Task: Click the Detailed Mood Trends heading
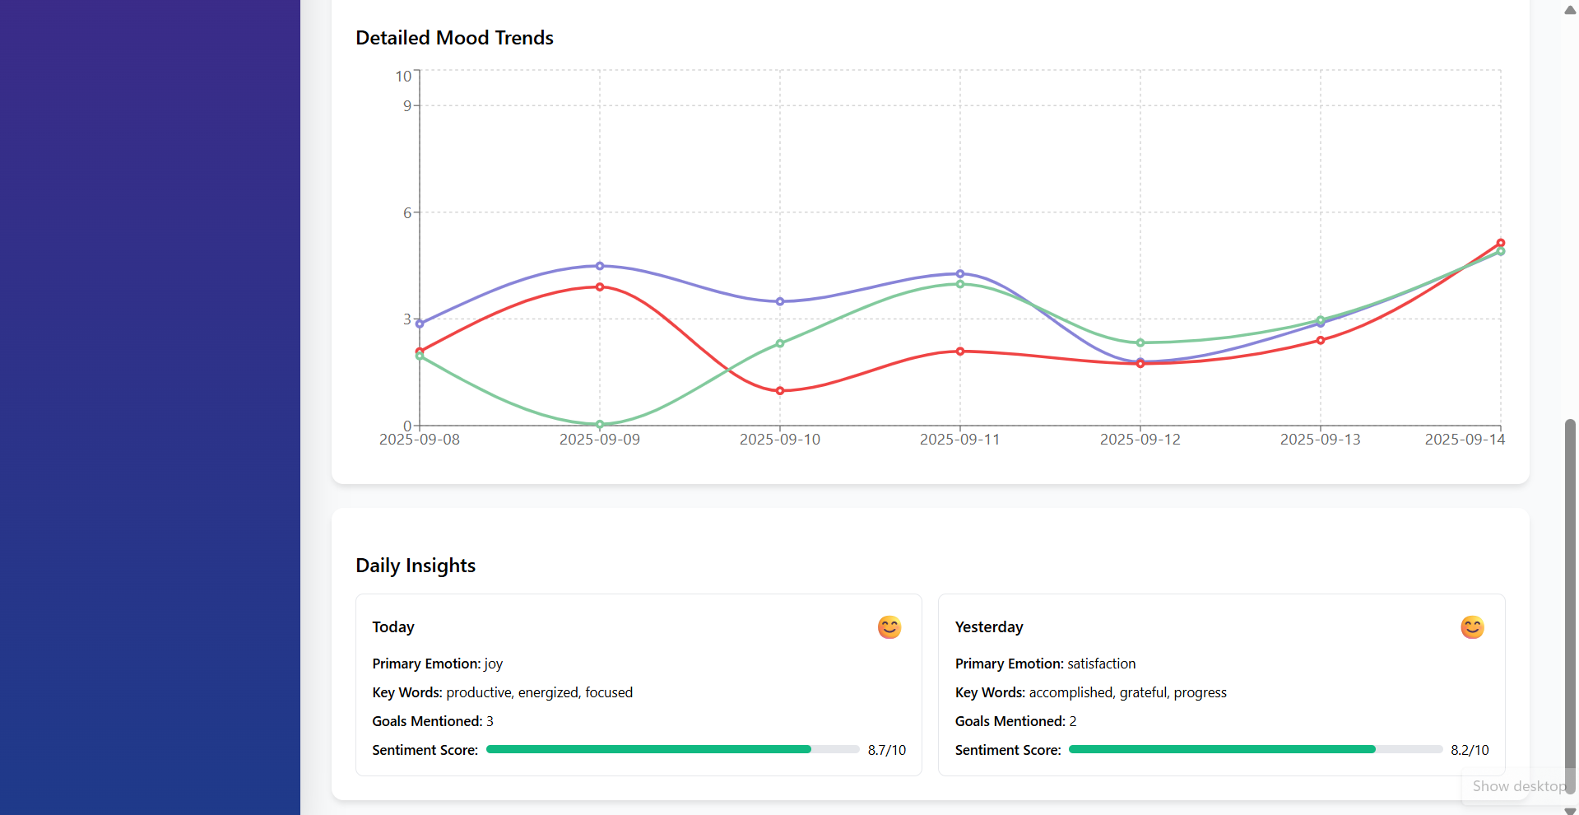click(454, 38)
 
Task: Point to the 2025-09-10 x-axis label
click(779, 440)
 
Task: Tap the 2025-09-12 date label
click(1140, 440)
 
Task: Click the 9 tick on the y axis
click(406, 105)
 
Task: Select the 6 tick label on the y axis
click(406, 212)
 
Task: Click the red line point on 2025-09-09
click(600, 287)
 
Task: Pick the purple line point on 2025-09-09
click(600, 266)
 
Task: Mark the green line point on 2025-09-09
click(600, 424)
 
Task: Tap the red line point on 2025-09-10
click(780, 391)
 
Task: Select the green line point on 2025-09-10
click(780, 343)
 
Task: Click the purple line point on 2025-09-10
click(780, 301)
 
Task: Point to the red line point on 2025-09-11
click(960, 352)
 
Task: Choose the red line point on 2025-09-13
click(1321, 340)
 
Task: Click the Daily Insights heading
click(416, 566)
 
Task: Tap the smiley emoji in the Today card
click(889, 627)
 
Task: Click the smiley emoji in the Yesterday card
click(1472, 627)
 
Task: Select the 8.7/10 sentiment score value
click(886, 750)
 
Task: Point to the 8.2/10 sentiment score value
click(1470, 750)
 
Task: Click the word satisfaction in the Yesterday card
click(1101, 664)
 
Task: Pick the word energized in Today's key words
click(548, 692)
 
